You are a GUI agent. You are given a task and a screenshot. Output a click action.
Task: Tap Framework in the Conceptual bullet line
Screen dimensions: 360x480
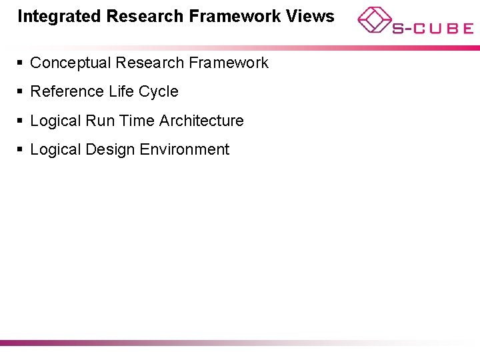pyautogui.click(x=229, y=63)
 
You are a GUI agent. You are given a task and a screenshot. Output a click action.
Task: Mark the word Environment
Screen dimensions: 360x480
pyautogui.click(x=184, y=150)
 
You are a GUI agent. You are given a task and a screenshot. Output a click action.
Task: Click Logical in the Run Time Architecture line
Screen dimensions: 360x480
pyautogui.click(x=56, y=121)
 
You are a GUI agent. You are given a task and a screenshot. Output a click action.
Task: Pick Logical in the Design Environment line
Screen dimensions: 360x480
pyautogui.click(x=56, y=150)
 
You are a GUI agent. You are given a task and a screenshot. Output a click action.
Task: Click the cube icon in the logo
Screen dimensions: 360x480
pyautogui.click(x=373, y=19)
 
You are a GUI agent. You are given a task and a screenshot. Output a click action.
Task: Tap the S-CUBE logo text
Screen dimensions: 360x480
pyautogui.click(x=432, y=29)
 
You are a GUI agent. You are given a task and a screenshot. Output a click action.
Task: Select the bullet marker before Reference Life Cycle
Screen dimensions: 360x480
pyautogui.click(x=21, y=92)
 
